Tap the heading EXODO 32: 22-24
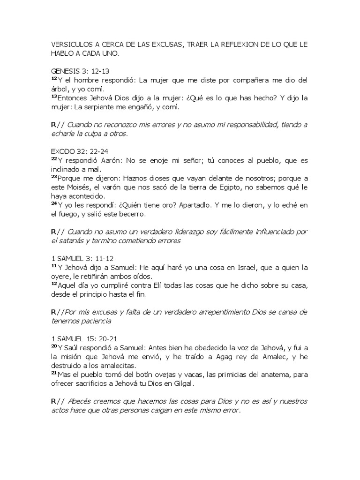pyautogui.click(x=77, y=151)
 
